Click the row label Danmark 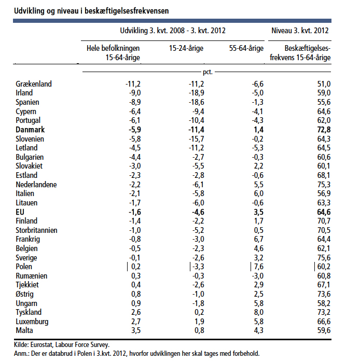[30, 130]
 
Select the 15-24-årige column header [186, 48]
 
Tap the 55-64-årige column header [246, 48]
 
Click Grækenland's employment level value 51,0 [324, 84]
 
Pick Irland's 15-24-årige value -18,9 [196, 93]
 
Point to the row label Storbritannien [36, 230]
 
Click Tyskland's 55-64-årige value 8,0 [259, 312]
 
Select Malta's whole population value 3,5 [136, 330]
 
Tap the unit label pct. [207, 72]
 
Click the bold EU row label [20, 212]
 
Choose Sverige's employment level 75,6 [324, 258]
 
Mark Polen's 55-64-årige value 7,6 [259, 267]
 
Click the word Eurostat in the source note [41, 344]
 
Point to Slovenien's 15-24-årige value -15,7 [196, 139]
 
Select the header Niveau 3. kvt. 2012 [300, 31]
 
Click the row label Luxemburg [32, 322]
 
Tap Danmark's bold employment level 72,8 [324, 130]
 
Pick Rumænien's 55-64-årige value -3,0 [257, 276]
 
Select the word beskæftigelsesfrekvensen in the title [127, 11]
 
